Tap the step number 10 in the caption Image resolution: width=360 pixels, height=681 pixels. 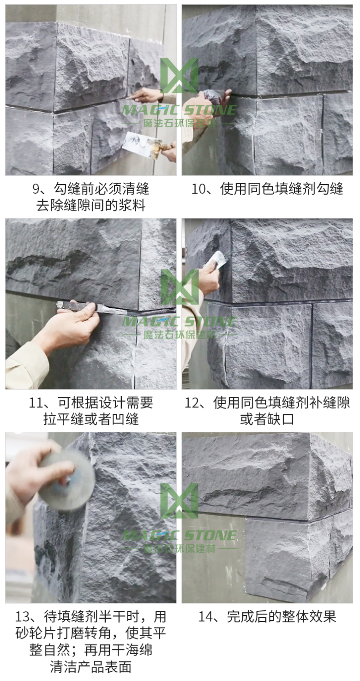click(199, 189)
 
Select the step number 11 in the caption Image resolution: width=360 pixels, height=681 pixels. click(36, 403)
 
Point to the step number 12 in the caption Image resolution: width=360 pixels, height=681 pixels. click(192, 403)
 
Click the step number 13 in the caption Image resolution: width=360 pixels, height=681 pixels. click(23, 617)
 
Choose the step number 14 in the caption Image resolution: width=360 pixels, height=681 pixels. click(206, 617)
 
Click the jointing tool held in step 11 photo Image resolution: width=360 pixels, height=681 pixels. click(91, 307)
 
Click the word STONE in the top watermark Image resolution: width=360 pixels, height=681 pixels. click(210, 110)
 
